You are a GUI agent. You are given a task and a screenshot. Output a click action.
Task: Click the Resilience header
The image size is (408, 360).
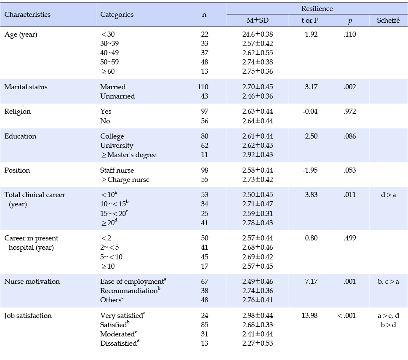tap(317, 8)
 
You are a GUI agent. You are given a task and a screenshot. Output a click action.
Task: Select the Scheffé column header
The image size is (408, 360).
tap(388, 20)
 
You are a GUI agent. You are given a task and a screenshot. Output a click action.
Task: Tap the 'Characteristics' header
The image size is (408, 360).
tap(27, 14)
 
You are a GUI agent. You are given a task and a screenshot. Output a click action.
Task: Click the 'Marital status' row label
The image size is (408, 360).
tap(26, 87)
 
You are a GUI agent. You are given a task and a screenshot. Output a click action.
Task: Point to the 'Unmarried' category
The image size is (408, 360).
tap(117, 96)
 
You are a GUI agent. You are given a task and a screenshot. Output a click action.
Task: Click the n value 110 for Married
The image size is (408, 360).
tap(203, 87)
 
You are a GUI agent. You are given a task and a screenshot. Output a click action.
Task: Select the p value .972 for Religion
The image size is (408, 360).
tap(349, 111)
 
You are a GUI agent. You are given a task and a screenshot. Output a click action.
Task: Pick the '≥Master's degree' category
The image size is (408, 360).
tap(128, 155)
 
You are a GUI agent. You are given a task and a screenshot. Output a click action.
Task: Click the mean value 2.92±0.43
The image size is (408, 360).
tap(258, 155)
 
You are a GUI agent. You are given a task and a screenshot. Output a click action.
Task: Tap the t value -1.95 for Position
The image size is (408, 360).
tap(310, 171)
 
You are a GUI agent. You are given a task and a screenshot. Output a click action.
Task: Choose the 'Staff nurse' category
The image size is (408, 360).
tap(117, 171)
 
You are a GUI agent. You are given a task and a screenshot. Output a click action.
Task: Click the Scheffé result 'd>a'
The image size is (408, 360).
tap(388, 195)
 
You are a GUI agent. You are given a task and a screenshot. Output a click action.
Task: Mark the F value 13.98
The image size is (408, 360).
tap(309, 315)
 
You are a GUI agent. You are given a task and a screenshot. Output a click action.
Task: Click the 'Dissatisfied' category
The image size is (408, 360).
tap(120, 343)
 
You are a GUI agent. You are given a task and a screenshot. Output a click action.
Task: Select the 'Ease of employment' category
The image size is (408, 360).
tap(133, 281)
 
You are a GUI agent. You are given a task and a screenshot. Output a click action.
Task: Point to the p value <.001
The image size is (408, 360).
tap(347, 315)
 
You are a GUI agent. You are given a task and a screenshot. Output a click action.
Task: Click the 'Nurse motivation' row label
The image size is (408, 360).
tap(32, 281)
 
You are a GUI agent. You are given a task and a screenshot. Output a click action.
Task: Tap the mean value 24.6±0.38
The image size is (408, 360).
tap(258, 35)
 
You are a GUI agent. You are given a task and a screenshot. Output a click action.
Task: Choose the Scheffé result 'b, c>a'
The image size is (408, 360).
tap(388, 281)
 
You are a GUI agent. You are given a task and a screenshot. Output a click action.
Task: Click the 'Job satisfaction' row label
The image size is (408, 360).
tap(28, 315)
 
